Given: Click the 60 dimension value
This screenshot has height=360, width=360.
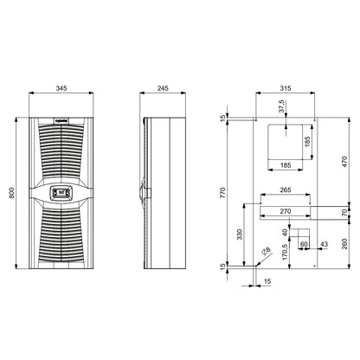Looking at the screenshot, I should point(303,245).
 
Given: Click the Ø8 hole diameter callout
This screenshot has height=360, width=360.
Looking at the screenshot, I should point(266,252).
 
